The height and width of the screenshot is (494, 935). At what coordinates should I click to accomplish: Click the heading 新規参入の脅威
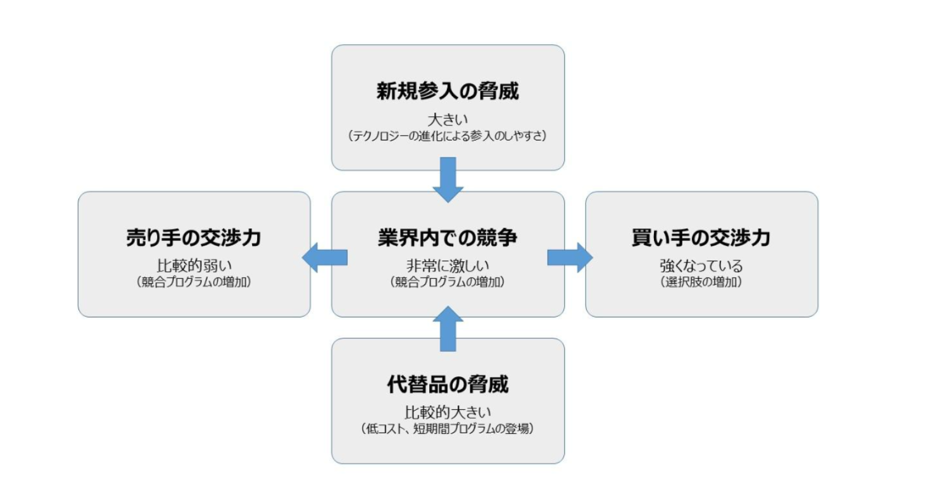(x=448, y=92)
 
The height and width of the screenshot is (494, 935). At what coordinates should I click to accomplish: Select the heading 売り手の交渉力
(x=194, y=238)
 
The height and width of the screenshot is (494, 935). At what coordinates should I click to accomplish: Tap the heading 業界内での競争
(x=448, y=238)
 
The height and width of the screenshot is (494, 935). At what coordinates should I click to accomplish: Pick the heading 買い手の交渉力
(x=701, y=238)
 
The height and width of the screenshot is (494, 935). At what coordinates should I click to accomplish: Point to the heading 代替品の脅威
(x=448, y=385)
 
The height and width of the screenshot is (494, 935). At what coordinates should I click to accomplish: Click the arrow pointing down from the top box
(x=448, y=181)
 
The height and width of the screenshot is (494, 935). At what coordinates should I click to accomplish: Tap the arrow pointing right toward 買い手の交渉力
(x=570, y=257)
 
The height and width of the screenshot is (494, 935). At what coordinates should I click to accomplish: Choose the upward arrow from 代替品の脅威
(x=448, y=328)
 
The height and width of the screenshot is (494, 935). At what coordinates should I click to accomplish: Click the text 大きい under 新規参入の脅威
(x=448, y=120)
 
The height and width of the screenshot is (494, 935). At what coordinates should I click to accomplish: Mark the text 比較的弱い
(x=194, y=266)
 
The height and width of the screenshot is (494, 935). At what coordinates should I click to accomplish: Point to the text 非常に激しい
(x=448, y=266)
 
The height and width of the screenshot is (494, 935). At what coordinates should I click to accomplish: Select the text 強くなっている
(x=701, y=266)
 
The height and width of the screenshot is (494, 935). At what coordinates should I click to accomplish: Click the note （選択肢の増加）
(x=701, y=282)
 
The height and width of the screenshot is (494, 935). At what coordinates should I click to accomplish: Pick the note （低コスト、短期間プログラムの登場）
(x=448, y=429)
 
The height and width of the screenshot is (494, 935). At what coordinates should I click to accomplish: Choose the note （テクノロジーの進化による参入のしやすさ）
(x=448, y=136)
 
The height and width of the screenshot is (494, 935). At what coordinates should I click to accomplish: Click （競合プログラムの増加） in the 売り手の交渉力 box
(x=194, y=282)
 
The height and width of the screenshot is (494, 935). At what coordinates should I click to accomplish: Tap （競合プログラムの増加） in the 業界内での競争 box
(x=448, y=282)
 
